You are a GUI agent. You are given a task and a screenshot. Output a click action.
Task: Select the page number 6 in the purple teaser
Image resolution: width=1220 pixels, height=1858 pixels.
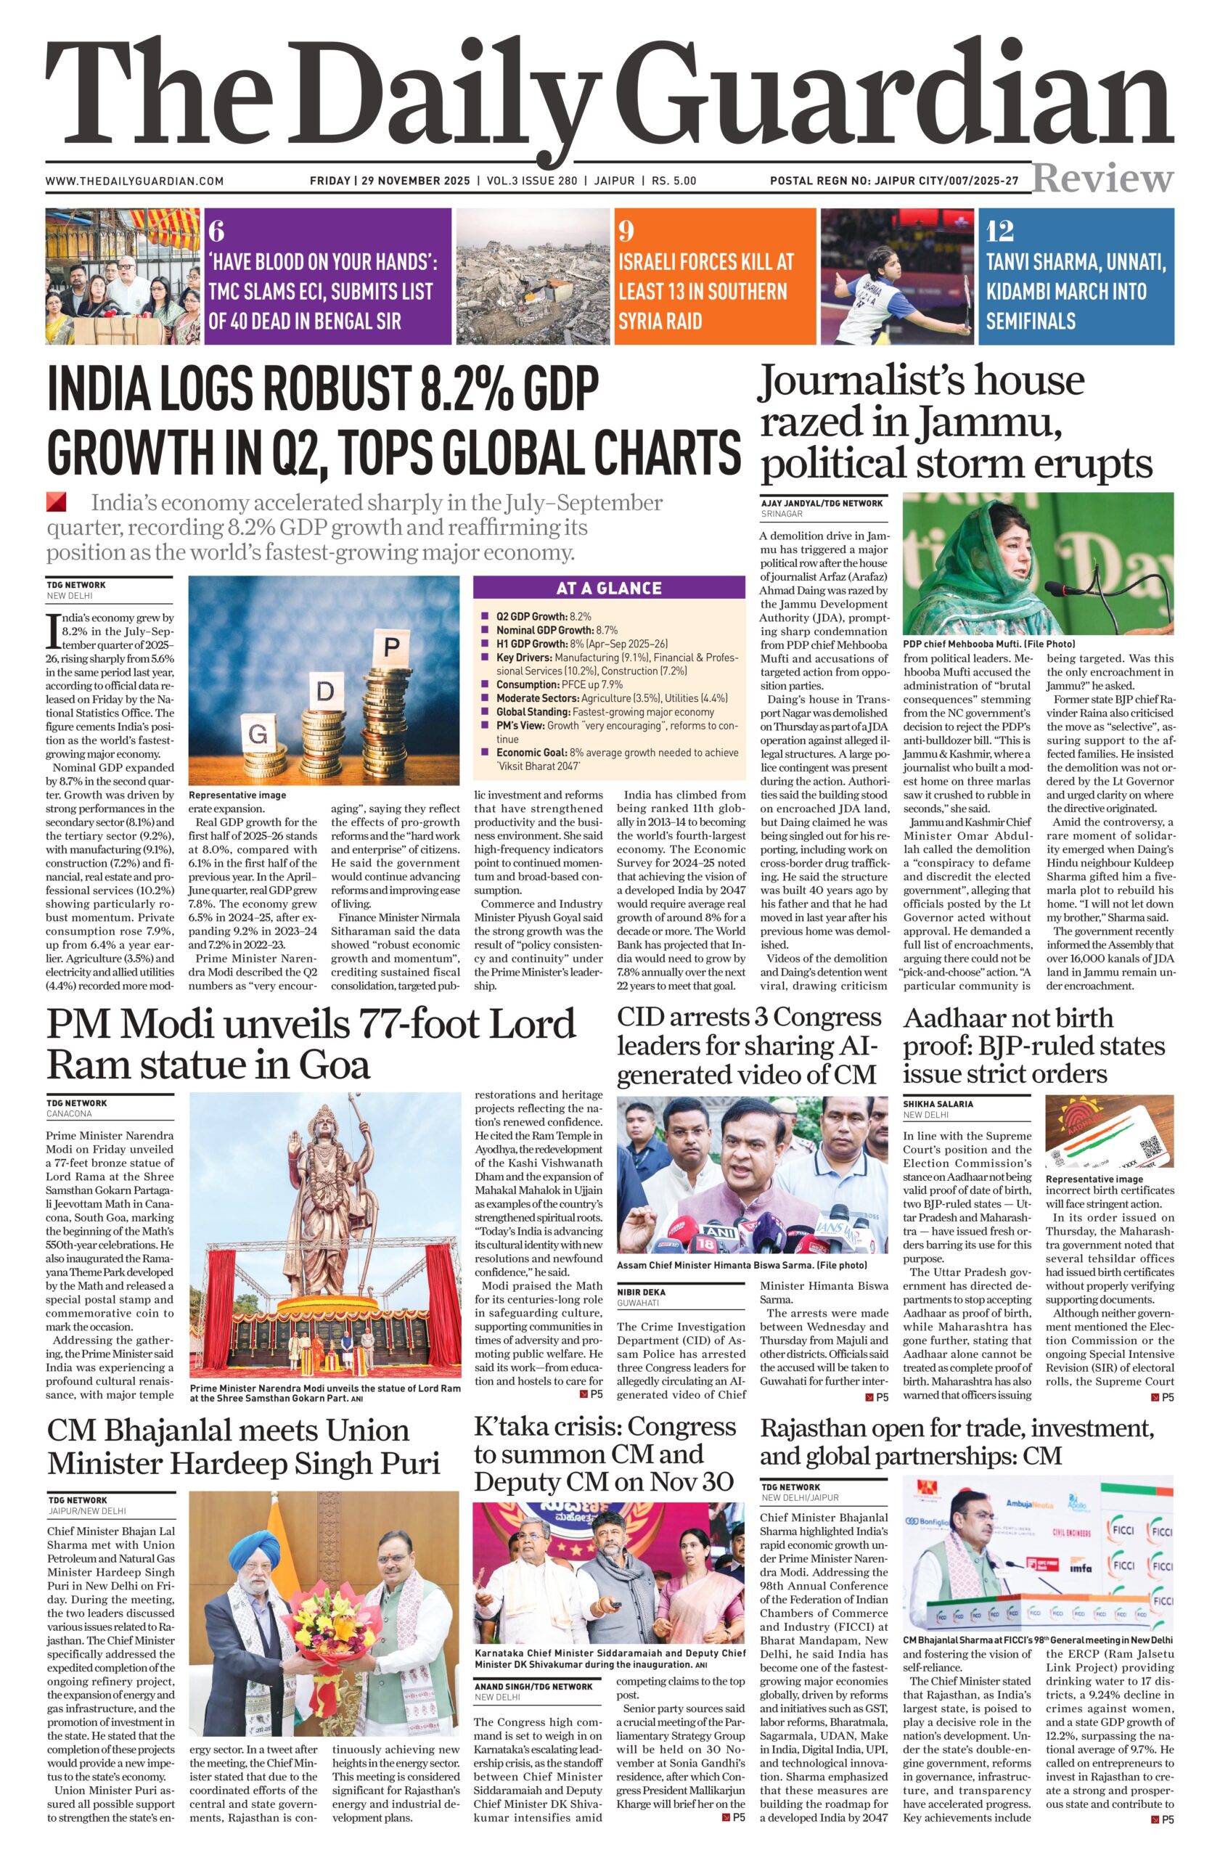coord(216,231)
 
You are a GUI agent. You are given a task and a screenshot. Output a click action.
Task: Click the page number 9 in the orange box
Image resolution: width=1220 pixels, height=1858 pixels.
coord(626,231)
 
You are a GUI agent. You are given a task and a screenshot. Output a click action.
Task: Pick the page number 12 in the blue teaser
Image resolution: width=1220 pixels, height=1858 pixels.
coord(999,231)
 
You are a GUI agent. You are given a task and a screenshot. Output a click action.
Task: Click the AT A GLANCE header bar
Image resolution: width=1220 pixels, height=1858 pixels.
coord(609,588)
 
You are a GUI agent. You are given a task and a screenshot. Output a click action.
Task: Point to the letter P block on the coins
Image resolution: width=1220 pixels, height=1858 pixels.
coord(392,647)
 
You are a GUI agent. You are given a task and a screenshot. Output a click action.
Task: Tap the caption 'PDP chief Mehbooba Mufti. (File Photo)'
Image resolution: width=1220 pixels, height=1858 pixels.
coord(989,644)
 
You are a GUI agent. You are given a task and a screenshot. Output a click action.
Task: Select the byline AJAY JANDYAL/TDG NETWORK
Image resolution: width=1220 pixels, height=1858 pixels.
coord(821,504)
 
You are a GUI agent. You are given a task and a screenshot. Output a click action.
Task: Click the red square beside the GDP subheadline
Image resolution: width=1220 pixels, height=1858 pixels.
coord(56,502)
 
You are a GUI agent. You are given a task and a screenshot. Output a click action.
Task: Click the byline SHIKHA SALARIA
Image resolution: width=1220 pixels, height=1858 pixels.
coord(938,1104)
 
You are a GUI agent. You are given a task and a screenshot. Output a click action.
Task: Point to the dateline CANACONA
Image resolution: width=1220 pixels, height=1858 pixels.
coord(70,1114)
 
